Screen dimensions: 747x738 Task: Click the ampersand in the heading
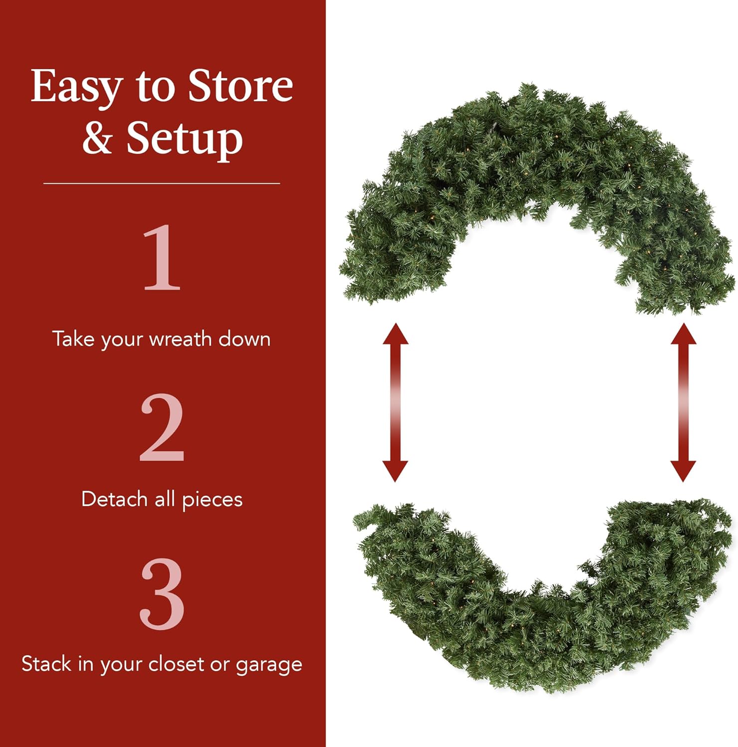[x=97, y=138]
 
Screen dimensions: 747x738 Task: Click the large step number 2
[x=162, y=428]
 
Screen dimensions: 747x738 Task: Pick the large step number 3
[x=162, y=594]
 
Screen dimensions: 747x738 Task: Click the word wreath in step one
[x=180, y=339]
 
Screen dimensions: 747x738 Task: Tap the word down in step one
[x=244, y=339]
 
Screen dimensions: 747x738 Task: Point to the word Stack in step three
[x=46, y=664]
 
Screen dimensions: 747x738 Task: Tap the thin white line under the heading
[x=161, y=184]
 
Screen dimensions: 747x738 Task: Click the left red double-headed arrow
[x=395, y=402]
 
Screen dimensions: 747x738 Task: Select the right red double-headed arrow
[x=683, y=402]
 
